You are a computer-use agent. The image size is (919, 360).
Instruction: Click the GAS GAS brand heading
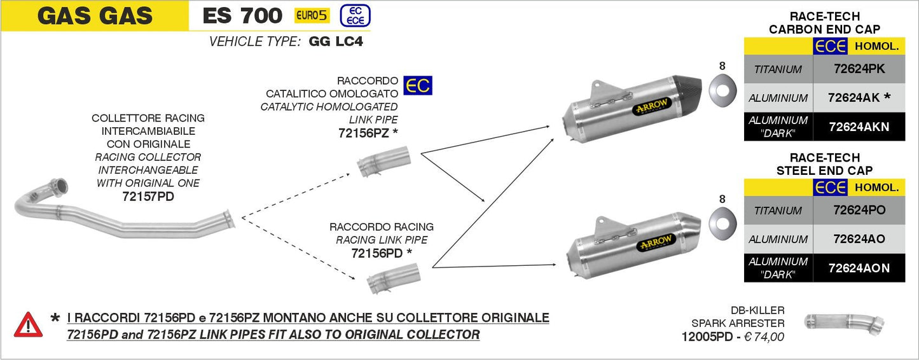point(95,15)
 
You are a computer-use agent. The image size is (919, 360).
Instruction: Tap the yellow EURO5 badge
point(312,15)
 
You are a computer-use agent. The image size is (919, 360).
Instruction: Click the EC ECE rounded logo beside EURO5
point(355,15)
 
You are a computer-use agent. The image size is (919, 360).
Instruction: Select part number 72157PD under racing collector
point(148,197)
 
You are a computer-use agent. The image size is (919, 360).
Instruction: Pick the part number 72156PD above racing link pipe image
point(377,253)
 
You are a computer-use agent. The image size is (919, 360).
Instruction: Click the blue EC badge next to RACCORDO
point(418,85)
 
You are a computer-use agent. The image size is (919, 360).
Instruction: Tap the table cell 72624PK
point(859,69)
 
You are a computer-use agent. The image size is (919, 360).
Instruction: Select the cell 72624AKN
point(859,127)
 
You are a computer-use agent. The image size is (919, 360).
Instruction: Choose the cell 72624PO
point(859,210)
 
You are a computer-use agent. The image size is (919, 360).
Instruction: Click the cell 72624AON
point(859,268)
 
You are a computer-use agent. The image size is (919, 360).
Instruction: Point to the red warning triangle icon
point(29,324)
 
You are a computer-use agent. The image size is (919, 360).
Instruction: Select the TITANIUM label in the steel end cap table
point(778,211)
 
